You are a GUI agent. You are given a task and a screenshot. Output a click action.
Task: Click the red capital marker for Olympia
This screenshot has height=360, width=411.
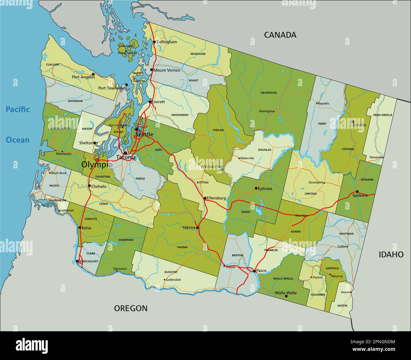(97, 160)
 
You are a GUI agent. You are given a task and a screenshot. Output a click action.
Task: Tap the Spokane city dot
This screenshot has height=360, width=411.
(357, 192)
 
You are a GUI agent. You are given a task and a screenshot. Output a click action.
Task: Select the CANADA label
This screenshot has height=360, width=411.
(280, 35)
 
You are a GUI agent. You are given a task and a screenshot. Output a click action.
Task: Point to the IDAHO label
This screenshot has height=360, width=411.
(391, 254)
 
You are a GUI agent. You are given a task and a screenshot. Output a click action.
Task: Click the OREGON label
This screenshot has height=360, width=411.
(131, 308)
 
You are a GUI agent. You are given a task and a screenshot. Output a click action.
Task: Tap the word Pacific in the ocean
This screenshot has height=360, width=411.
(18, 110)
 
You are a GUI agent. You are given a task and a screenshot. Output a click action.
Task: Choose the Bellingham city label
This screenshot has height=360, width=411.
(167, 42)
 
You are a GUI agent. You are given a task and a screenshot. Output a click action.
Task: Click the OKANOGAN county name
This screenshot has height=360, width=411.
(268, 93)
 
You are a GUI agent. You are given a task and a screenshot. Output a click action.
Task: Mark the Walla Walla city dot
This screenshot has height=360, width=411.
(286, 296)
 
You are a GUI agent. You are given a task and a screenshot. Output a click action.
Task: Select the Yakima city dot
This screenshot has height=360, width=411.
(197, 228)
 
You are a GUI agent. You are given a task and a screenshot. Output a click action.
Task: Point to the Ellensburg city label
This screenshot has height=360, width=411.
(216, 198)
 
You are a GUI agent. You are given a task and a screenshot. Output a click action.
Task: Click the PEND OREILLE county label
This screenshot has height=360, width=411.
(383, 115)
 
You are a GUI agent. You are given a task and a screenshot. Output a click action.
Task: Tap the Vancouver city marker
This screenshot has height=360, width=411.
(77, 261)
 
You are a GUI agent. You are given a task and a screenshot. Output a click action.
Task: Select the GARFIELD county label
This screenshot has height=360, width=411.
(332, 268)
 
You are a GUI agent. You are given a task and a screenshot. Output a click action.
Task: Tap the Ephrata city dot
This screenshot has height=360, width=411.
(256, 188)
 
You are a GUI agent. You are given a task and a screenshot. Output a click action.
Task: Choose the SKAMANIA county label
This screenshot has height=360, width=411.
(126, 240)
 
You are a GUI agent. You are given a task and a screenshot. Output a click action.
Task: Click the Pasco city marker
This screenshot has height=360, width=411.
(254, 271)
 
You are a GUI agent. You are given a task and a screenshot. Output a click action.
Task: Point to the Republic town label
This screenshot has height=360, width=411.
(323, 103)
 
